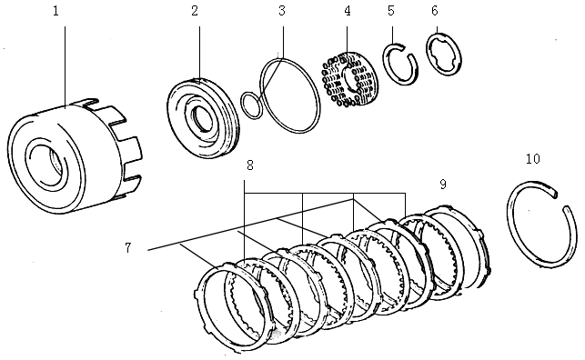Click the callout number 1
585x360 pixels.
click(56, 11)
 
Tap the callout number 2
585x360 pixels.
click(195, 11)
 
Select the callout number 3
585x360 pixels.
click(282, 11)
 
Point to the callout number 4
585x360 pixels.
click(348, 11)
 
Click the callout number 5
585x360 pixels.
click(391, 11)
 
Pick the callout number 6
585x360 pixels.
click(435, 11)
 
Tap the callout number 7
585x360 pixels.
click(128, 248)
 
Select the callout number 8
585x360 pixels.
click(250, 165)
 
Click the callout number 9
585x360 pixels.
click(443, 185)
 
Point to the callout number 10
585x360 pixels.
click(533, 159)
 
